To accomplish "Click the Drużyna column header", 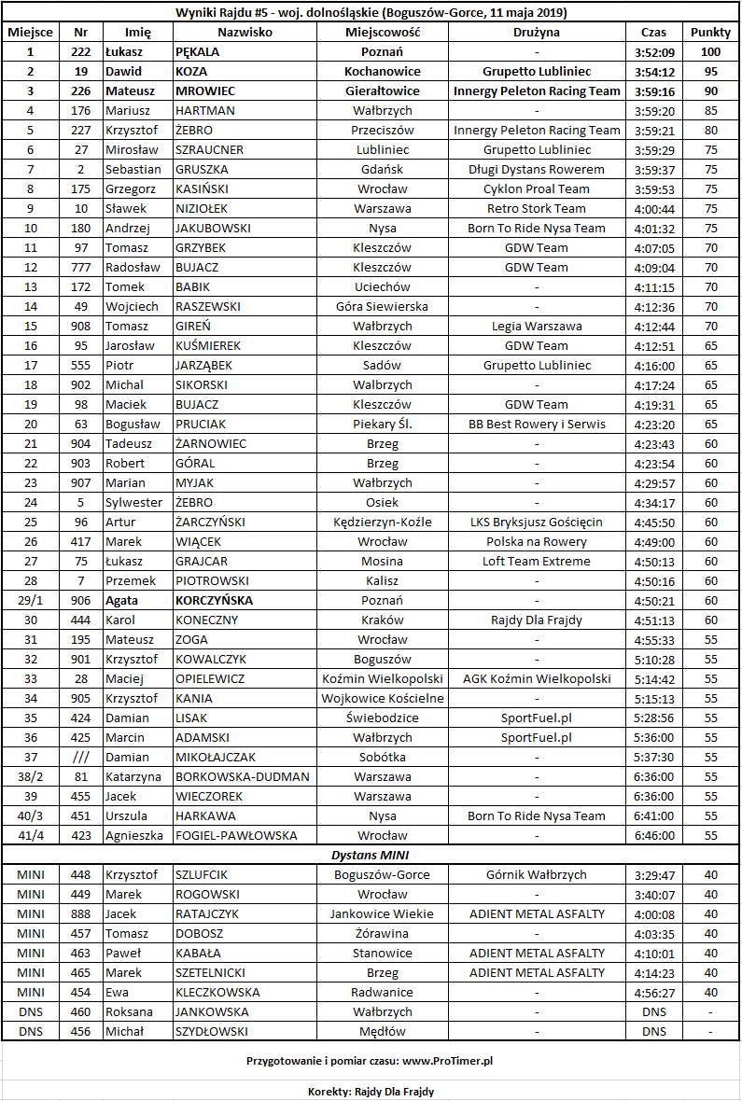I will tap(537, 33).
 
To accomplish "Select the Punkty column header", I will tap(710, 33).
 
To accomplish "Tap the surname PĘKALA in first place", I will tap(198, 52).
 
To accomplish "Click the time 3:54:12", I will tap(654, 72).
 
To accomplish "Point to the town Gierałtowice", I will tap(382, 91).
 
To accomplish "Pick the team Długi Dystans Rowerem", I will tap(537, 170).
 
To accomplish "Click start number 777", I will tap(81, 268).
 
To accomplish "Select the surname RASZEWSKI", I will tap(208, 307).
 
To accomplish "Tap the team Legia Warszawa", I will tap(537, 327).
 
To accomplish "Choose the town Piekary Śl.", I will tap(382, 425).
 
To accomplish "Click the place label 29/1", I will tap(31, 601).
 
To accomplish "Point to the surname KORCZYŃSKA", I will tap(214, 601).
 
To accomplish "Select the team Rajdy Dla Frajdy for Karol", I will tap(537, 620).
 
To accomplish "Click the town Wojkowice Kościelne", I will tap(382, 699).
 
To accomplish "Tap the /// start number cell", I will tap(81, 758).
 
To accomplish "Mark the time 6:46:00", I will tap(654, 836).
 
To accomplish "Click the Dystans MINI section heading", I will tap(371, 855).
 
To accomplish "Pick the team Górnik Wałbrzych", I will tap(537, 875).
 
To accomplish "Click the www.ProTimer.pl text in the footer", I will tap(448, 1061).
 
